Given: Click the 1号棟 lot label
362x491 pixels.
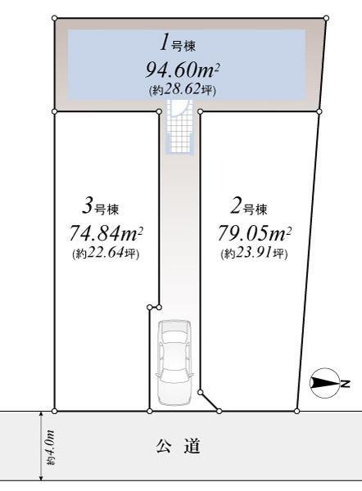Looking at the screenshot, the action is point(178,43).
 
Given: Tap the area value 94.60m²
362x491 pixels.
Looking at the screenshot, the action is point(182,70).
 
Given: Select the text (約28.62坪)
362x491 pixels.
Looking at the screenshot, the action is point(183,90).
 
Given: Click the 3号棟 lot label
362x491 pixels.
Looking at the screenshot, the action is point(100,207).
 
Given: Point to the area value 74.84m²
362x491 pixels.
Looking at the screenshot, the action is point(106,234).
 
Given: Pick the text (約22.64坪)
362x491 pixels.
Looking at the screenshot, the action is point(106,253).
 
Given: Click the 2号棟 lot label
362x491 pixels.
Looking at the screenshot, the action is point(249,207).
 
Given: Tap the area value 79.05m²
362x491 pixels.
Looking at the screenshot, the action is point(255,234).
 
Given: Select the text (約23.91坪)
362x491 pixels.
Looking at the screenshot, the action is point(254,253).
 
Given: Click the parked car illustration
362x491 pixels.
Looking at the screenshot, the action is point(174,363).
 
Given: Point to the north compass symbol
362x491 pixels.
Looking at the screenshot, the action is point(325,383).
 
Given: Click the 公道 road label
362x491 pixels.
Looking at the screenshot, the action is point(178,446).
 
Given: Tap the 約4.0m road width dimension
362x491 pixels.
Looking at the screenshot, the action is point(50,448).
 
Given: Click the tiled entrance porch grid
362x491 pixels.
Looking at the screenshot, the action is point(179,127).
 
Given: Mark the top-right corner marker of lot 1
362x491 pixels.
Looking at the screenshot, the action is point(326,18).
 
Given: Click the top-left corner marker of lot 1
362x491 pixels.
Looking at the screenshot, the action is point(55,18).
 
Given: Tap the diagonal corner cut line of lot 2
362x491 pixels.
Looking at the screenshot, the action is point(210,402).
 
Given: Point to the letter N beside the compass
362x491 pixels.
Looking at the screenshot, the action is point(346,383).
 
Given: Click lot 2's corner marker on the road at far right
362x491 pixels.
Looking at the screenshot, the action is point(296,411).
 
